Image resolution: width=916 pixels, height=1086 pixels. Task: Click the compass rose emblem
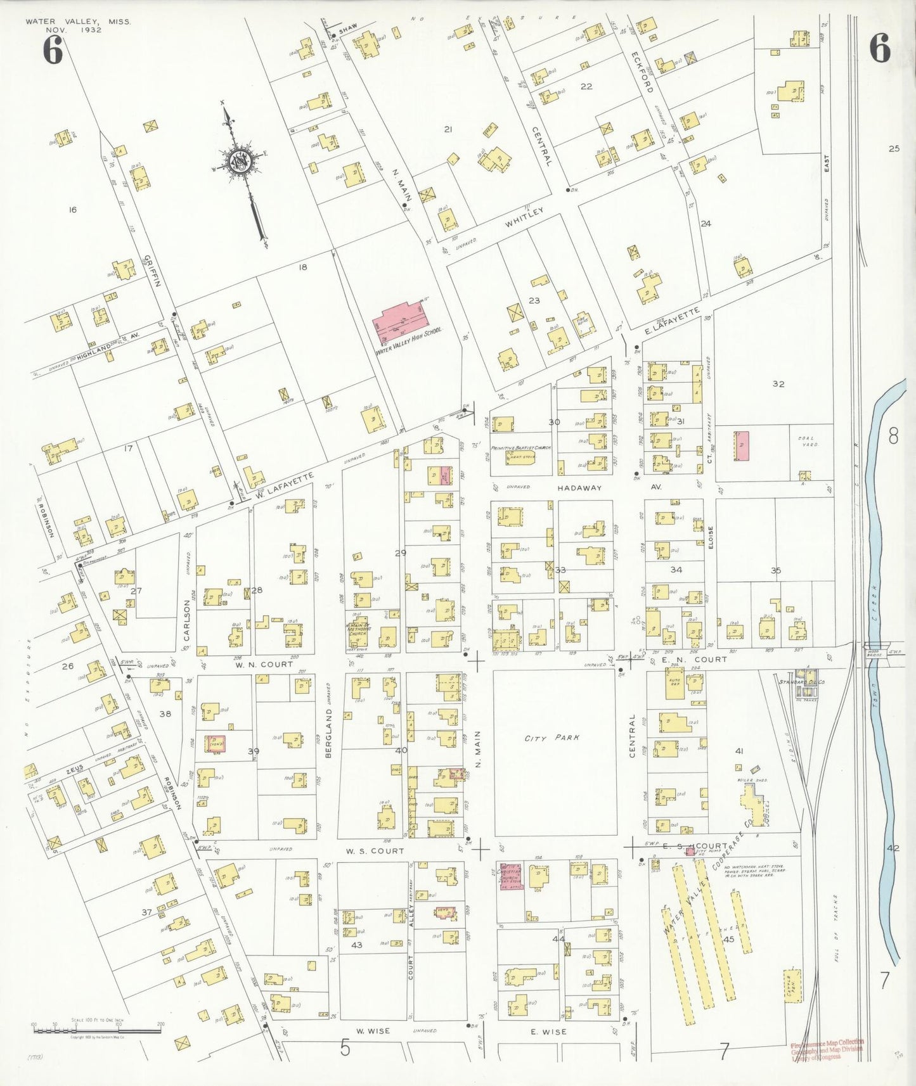[x=242, y=162]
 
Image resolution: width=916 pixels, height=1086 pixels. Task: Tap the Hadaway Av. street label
[x=579, y=487]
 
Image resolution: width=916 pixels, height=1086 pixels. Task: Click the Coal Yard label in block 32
[x=806, y=442]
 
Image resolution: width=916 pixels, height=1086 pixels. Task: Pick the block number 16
[x=72, y=209]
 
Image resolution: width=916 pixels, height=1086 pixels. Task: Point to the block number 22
[x=586, y=86]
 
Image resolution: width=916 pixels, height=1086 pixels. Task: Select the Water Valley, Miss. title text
[x=78, y=22]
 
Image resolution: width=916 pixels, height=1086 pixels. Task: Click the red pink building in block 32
[x=740, y=446]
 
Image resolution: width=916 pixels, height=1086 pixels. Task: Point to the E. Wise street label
[x=548, y=1032]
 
